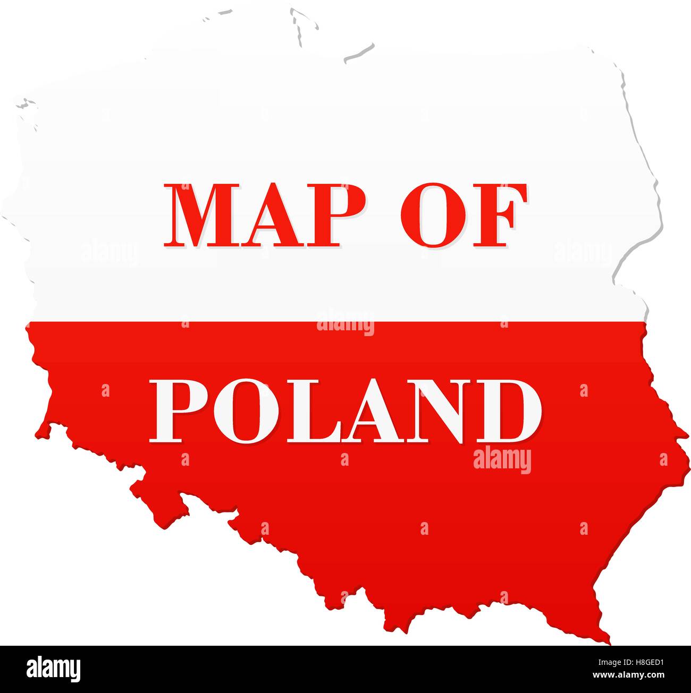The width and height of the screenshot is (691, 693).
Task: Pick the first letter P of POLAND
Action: point(179,410)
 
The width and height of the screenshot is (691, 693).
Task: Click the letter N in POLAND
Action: point(425,410)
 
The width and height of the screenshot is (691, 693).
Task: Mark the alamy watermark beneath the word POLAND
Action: point(502,461)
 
